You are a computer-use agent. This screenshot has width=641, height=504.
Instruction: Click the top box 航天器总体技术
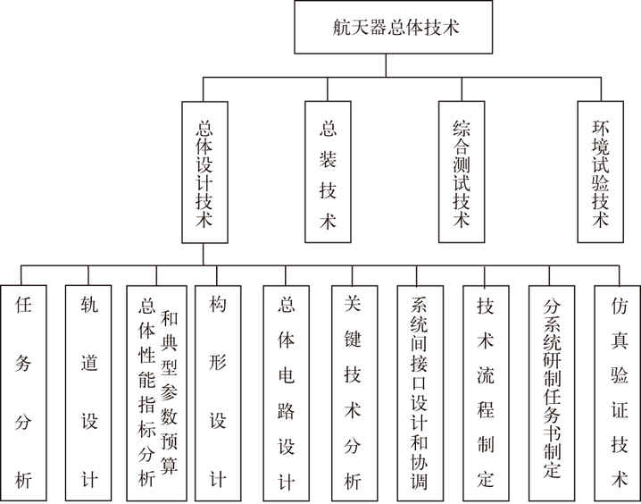click(394, 27)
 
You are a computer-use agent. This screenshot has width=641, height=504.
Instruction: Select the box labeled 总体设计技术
click(204, 172)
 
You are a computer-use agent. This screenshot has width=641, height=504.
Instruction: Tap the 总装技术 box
click(328, 172)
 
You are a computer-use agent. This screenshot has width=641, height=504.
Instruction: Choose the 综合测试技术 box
click(462, 172)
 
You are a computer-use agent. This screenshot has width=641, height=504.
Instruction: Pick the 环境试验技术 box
click(601, 172)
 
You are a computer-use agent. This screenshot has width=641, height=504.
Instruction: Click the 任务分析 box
click(23, 393)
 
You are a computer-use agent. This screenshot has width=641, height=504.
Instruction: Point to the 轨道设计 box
click(88, 393)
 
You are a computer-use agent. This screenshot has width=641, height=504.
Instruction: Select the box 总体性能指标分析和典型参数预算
click(156, 393)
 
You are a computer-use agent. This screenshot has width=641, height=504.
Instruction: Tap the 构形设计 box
click(217, 393)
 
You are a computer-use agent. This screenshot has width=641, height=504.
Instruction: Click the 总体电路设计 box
click(287, 393)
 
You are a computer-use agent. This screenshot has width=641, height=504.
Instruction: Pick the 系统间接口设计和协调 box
click(420, 393)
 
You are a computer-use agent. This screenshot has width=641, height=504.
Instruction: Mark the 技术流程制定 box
click(486, 393)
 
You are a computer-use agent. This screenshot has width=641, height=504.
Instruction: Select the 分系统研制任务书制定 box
click(552, 393)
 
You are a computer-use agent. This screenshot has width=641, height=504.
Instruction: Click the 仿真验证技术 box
click(618, 393)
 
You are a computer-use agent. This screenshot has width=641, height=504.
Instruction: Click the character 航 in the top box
click(340, 28)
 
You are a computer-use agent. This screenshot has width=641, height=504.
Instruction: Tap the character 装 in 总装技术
click(328, 159)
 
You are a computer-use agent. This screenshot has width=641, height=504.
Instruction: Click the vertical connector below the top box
click(386, 65)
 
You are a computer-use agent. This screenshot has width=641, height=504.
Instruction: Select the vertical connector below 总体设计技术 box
click(204, 254)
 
